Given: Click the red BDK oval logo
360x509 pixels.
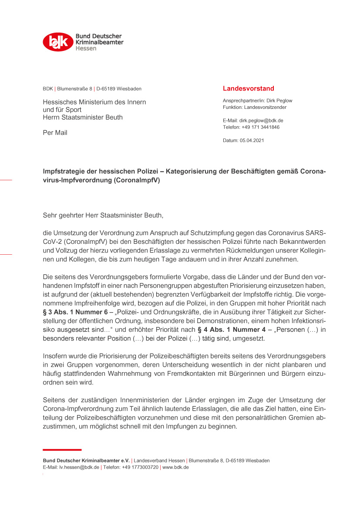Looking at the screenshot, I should (58, 42).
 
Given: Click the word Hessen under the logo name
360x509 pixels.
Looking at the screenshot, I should (86, 48).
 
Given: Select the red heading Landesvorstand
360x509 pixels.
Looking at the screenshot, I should (248, 88).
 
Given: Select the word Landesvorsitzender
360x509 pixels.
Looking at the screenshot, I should (265, 107).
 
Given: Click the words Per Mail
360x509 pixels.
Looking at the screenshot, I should (55, 133).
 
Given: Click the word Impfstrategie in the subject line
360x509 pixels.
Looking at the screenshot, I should (62, 172).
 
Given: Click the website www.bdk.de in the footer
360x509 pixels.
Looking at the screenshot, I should (175, 467).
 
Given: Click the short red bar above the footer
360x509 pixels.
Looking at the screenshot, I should (62, 449).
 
